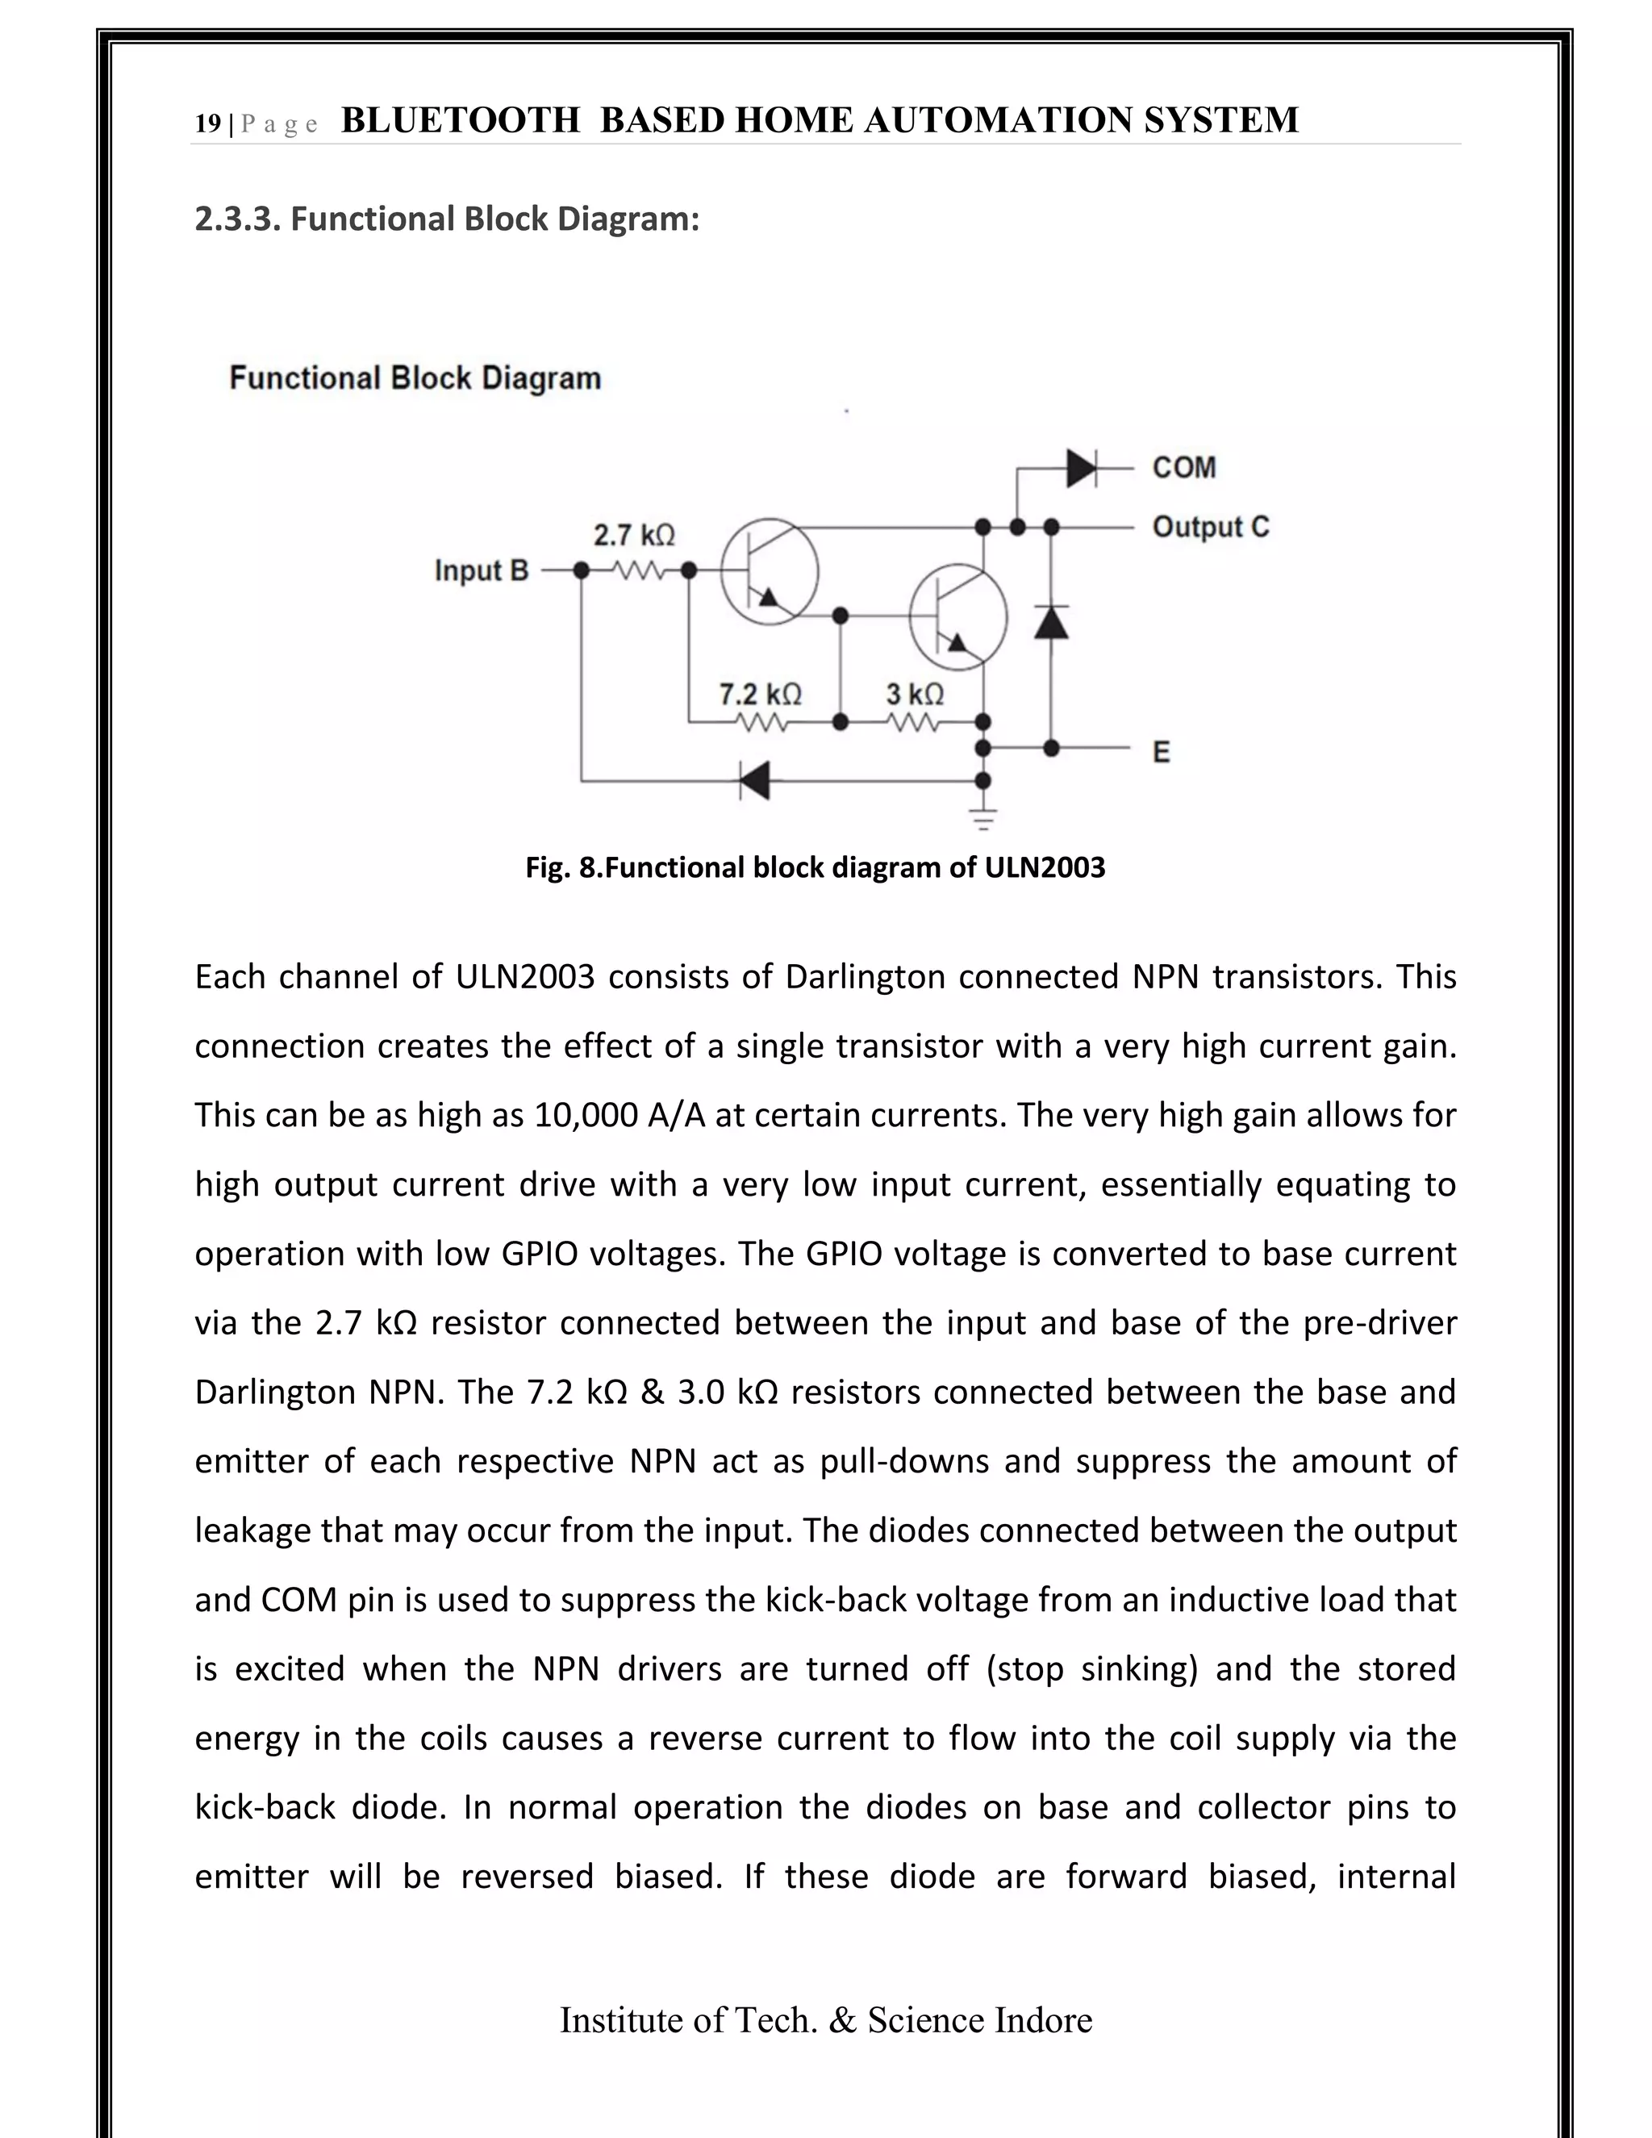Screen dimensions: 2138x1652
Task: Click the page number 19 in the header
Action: [x=207, y=124]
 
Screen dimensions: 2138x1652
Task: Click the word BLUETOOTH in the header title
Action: [x=460, y=120]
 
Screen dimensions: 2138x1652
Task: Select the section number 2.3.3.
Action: [x=238, y=219]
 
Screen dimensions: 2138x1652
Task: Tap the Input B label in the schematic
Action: [x=481, y=570]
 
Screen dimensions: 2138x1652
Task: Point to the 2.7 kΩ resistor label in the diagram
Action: [x=634, y=536]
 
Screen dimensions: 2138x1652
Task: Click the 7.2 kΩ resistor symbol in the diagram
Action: [x=761, y=724]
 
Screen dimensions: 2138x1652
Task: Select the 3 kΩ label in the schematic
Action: [x=915, y=694]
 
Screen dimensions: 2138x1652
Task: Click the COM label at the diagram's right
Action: [x=1183, y=468]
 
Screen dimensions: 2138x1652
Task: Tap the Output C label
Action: [x=1210, y=528]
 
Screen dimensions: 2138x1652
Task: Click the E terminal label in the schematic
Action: [x=1161, y=752]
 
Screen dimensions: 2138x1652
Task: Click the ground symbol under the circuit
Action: [x=983, y=817]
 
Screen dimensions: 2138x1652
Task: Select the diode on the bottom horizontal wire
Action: [x=753, y=780]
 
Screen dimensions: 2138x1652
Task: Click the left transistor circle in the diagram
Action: [x=770, y=572]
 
